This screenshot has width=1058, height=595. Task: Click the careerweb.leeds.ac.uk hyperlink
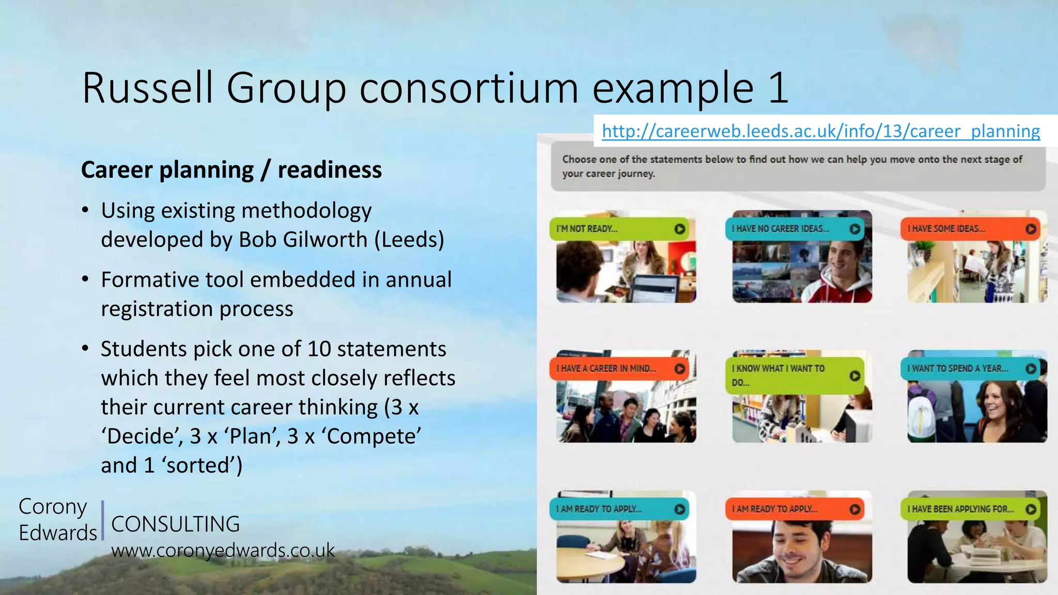pos(820,131)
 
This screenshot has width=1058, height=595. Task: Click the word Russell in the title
pos(147,88)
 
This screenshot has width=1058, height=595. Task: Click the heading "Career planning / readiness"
pos(231,170)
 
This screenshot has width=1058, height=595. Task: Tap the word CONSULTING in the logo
pos(175,524)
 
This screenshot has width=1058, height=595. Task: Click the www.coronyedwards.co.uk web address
pos(223,551)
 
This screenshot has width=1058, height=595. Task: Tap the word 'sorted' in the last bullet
pos(198,465)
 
